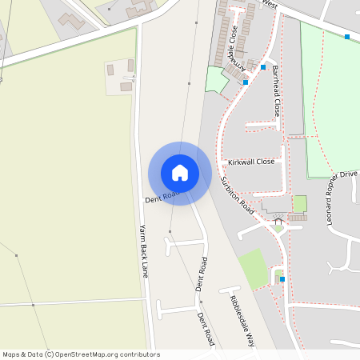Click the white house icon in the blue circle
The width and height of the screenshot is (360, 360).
[180, 172]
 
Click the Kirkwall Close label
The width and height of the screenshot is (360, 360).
[250, 162]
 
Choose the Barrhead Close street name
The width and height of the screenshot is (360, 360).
[276, 91]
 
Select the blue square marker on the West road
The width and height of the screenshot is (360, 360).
[346, 37]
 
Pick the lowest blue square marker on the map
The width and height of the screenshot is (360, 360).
[282, 279]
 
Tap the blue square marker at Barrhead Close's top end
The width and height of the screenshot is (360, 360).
[262, 67]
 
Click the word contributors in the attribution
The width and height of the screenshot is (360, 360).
[133, 354]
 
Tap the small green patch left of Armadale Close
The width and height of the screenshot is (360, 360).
[214, 79]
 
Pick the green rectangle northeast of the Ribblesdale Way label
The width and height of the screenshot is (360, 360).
[252, 268]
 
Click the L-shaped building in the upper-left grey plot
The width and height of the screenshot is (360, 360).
[73, 20]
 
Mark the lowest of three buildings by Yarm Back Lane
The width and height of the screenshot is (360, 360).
[126, 86]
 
